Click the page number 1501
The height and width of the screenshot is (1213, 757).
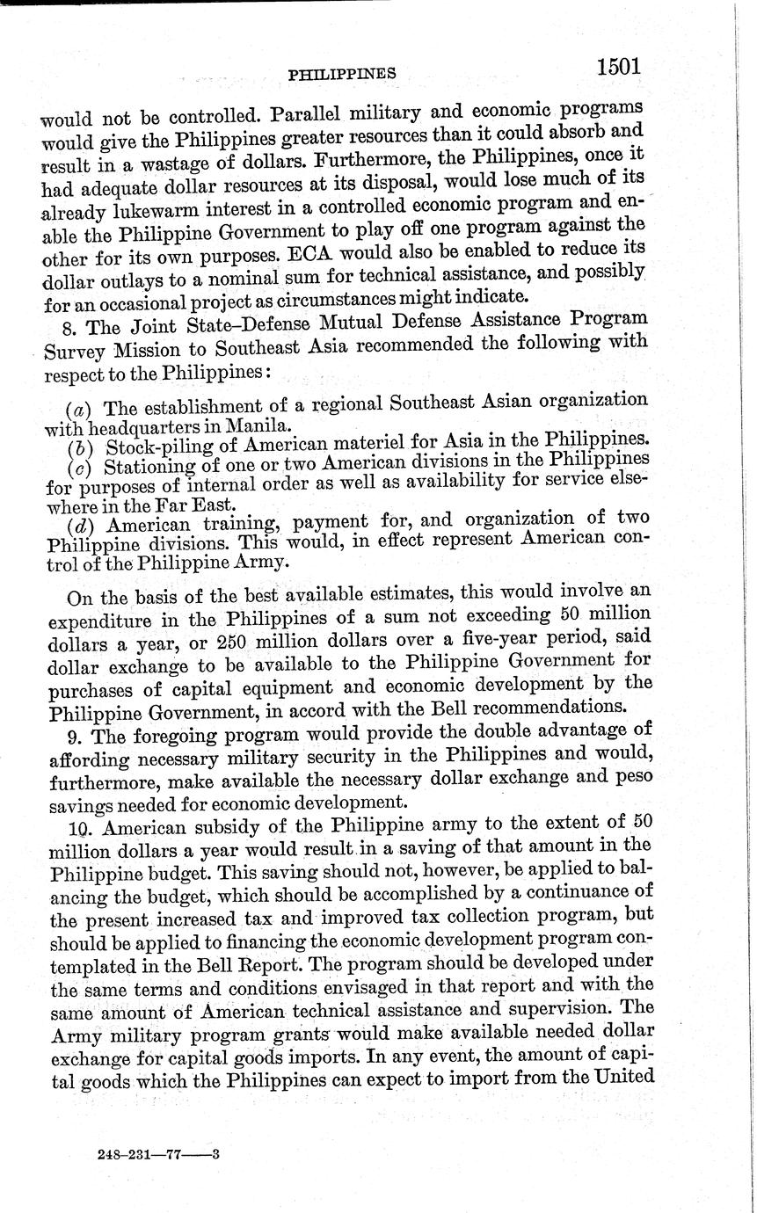[x=618, y=67]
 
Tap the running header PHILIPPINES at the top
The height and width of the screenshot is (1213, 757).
[x=342, y=75]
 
